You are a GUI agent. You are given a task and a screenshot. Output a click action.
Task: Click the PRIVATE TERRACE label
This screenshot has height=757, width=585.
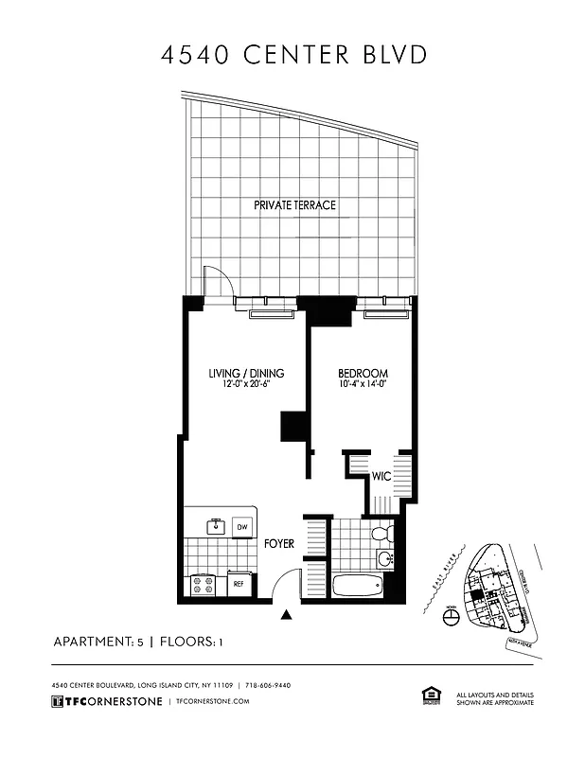[294, 205]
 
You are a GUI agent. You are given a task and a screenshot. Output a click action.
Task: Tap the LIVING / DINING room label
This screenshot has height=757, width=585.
[246, 373]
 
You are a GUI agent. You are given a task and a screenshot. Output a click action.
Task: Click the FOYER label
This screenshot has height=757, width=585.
[280, 544]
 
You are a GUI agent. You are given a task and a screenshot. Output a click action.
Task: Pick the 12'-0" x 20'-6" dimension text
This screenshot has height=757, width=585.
[246, 385]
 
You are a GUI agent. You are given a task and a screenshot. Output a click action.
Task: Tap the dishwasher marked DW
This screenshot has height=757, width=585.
[242, 527]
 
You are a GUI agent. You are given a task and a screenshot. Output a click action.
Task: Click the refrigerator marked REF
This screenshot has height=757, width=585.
[240, 585]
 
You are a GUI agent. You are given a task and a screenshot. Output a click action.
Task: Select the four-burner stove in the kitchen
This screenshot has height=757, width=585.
[203, 584]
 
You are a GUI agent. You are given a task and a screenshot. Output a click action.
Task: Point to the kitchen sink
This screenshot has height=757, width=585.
[214, 525]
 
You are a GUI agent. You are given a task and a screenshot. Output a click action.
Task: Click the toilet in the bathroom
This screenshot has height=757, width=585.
[381, 535]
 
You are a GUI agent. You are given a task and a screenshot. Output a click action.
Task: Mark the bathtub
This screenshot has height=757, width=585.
[357, 586]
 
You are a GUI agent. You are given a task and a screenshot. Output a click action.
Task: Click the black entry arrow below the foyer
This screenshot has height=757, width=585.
[287, 617]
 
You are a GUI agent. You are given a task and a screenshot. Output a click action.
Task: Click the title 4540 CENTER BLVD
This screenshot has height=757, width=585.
[293, 54]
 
